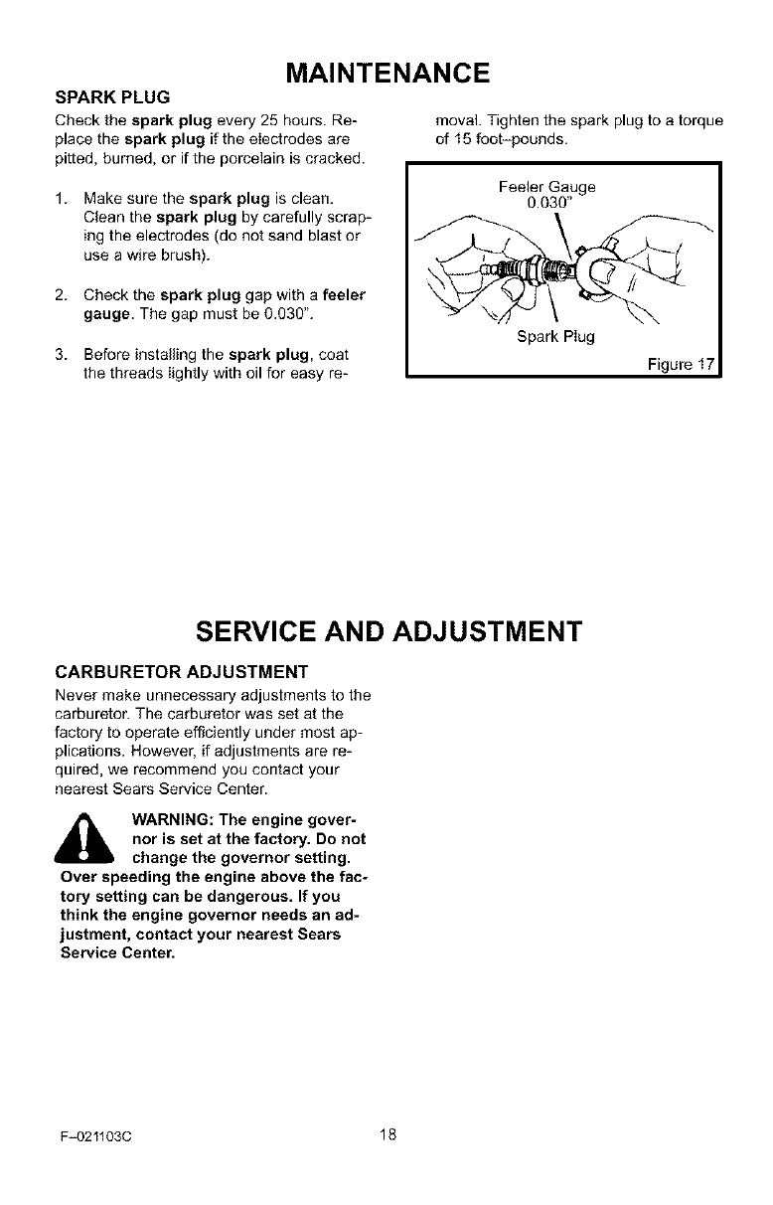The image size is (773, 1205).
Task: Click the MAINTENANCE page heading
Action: click(386, 74)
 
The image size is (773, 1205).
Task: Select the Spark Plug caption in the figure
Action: click(555, 336)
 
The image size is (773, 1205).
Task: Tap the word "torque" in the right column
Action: click(698, 121)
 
